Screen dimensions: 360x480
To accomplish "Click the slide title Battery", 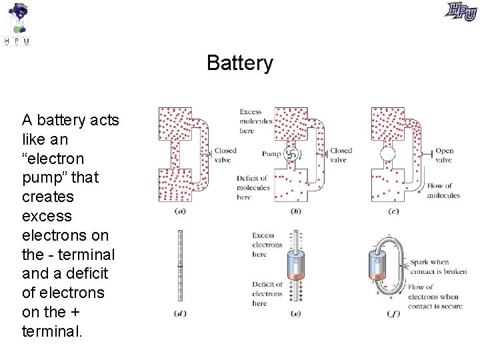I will click(x=239, y=63).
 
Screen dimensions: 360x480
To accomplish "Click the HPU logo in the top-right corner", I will click(x=461, y=11).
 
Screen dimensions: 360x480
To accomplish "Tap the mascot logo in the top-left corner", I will click(x=18, y=23).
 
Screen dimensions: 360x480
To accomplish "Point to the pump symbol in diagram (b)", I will click(x=290, y=154).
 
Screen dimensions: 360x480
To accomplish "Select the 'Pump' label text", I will click(x=271, y=153).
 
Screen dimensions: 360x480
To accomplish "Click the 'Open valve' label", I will click(x=444, y=155).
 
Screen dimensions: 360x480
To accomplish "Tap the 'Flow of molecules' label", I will click(x=443, y=191).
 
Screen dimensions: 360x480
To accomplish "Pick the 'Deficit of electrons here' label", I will click(x=267, y=294).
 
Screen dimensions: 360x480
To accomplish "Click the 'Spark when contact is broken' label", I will click(x=438, y=267).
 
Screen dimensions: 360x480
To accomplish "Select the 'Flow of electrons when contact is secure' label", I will click(x=433, y=297).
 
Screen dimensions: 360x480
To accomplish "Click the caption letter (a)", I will click(x=180, y=211).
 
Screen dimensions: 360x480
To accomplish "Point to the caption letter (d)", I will click(x=180, y=313).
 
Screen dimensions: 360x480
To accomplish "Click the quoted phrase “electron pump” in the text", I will click(x=53, y=168).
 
